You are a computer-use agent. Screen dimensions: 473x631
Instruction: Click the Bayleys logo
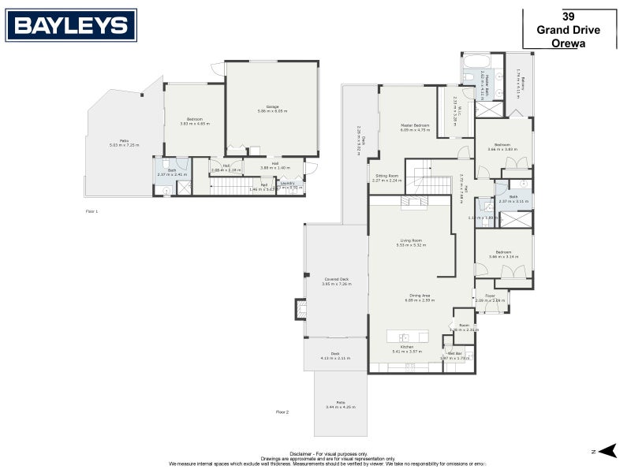click(71, 25)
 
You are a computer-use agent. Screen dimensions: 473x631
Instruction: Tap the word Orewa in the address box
click(569, 44)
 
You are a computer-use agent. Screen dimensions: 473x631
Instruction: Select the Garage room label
click(272, 106)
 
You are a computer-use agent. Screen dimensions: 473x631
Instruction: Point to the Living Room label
click(411, 240)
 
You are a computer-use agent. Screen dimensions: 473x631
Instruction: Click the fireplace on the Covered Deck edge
click(301, 308)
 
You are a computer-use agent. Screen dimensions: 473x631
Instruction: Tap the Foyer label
click(490, 296)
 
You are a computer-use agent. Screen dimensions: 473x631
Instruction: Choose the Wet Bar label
click(454, 354)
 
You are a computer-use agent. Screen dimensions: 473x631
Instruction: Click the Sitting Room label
click(386, 176)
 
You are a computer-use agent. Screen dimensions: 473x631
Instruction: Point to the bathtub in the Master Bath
click(476, 61)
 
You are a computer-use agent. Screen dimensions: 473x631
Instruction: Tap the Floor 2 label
click(282, 412)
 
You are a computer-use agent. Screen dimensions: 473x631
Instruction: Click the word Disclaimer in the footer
click(301, 454)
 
